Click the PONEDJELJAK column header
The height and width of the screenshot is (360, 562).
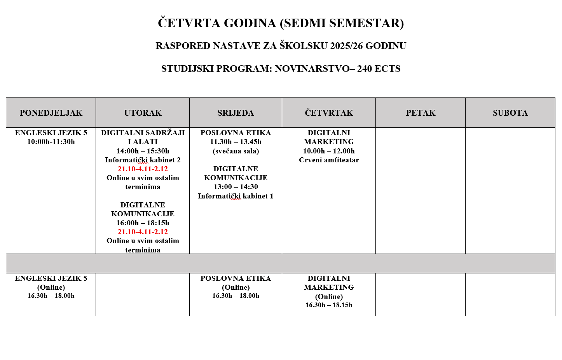pos(51,113)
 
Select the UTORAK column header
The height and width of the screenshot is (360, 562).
pos(143,113)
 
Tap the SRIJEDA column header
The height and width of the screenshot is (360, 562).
pos(236,113)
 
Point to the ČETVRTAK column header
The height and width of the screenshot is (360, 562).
pos(329,113)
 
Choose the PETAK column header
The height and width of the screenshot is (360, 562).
pos(421,113)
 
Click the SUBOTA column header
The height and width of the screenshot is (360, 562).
pos(510,113)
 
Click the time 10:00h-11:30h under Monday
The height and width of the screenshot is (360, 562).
pos(51,142)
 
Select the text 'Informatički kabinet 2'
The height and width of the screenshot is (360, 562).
pos(143,160)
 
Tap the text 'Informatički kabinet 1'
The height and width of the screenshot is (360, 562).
pos(236,196)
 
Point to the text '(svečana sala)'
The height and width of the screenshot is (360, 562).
pos(236,151)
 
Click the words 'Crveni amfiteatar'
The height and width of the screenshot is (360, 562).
pos(329,160)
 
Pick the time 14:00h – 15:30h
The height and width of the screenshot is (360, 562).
pos(143,151)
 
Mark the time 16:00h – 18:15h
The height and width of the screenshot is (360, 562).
pos(143,223)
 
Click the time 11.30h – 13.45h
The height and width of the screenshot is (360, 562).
pos(236,142)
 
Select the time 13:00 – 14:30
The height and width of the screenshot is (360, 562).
pos(236,187)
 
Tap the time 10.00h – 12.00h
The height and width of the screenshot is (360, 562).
pos(329,151)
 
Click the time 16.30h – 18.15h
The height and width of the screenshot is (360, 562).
pos(329,305)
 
